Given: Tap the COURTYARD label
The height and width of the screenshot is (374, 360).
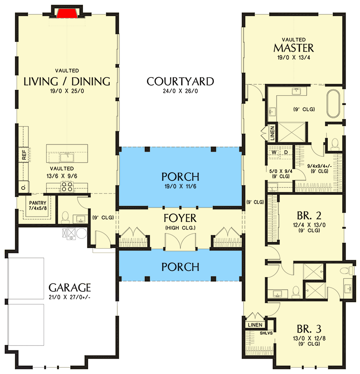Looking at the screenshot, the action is point(180,82).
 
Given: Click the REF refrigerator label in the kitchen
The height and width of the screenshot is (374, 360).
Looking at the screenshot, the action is point(24,155).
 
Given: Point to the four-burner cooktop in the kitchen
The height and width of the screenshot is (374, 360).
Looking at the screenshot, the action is point(67,186).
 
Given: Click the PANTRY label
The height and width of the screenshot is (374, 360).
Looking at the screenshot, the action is point(38,203).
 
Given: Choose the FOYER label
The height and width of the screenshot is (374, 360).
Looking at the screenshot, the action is point(180,218).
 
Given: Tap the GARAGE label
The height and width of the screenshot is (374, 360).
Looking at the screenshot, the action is point(69,288).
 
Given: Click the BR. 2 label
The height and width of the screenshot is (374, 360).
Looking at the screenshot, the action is point(309,216).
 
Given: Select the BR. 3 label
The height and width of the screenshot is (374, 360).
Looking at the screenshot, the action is point(309,329).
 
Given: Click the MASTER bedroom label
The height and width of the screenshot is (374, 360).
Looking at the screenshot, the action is point(294,48).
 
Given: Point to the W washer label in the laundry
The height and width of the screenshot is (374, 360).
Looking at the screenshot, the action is point(274,152).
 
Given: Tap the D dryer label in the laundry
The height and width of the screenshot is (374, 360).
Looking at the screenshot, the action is point(286,152).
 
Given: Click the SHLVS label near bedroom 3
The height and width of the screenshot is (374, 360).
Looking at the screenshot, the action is point(266,333).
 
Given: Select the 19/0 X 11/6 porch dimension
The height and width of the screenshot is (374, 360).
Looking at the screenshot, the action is point(180,186).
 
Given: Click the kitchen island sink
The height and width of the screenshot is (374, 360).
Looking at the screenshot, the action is point(67,157).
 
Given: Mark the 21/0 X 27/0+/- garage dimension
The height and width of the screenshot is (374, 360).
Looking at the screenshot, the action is point(69,297).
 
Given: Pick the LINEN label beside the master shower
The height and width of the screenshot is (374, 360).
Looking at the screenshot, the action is point(273,133).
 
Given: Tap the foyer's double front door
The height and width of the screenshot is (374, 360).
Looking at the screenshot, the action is point(180,241).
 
